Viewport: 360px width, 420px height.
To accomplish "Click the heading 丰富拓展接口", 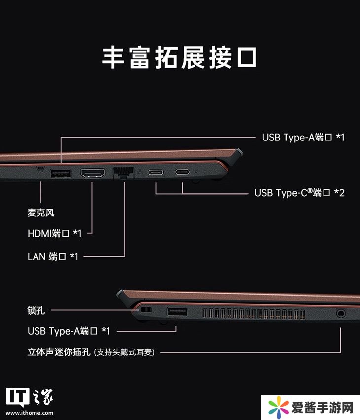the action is [x=180, y=57].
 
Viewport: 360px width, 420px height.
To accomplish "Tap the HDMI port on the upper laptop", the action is [x=93, y=173].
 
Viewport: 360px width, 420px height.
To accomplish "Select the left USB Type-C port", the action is [x=156, y=172].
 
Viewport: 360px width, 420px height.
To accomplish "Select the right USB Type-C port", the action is [x=182, y=172].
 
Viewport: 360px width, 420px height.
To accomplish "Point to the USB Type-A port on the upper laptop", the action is [x=61, y=174].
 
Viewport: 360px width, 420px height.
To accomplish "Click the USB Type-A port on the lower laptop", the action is [x=177, y=312].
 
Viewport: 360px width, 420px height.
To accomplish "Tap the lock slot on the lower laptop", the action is [x=146, y=310].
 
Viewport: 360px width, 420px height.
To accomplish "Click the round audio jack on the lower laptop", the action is [x=341, y=313].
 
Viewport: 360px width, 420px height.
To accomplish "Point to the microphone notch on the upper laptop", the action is [x=40, y=169].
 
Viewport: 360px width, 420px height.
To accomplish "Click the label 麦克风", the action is [x=41, y=212].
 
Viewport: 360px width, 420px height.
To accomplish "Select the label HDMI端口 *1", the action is [x=54, y=233].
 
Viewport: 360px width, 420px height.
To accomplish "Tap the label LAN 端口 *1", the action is [x=53, y=257].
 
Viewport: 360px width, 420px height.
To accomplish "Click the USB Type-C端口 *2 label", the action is [x=299, y=193].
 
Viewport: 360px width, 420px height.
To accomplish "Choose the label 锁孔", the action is [x=36, y=310].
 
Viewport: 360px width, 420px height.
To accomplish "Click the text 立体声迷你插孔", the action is [x=59, y=351].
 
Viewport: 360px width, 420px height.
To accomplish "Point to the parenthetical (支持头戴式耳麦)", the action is [x=124, y=352].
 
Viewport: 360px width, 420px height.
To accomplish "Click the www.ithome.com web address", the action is [x=30, y=413].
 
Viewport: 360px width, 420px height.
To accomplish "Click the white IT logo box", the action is [x=17, y=397].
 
